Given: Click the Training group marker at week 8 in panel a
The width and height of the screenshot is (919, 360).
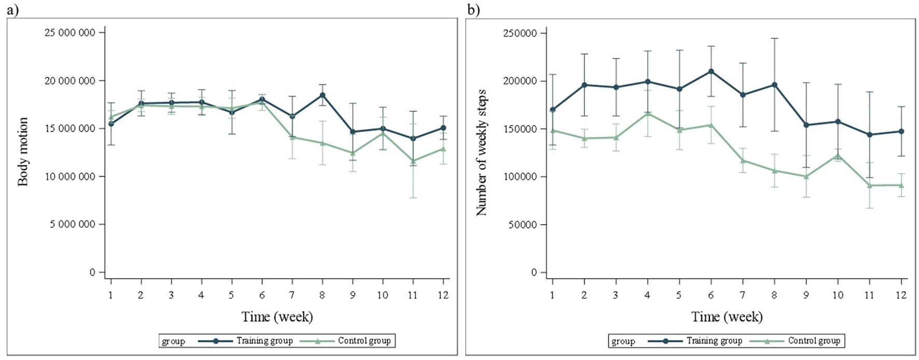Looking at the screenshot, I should click(x=322, y=95).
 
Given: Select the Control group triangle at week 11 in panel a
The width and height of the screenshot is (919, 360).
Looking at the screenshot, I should click(x=413, y=161).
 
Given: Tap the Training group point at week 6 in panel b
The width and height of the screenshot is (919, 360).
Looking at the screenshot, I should click(x=711, y=71).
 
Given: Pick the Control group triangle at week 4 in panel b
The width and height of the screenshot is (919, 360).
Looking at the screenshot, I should click(x=648, y=113).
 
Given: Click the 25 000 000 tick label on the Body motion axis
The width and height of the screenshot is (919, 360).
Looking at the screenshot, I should click(x=70, y=33).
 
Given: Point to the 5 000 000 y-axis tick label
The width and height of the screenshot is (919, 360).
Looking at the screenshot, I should click(x=73, y=224).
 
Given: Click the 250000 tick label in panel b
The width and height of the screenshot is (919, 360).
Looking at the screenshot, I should click(x=520, y=33).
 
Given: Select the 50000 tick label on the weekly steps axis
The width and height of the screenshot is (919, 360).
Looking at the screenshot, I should click(x=523, y=225).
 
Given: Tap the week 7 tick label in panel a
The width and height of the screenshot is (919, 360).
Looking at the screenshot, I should click(x=292, y=295).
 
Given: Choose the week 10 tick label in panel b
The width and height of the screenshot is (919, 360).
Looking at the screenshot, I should click(x=838, y=295).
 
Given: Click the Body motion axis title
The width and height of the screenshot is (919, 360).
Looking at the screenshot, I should click(x=23, y=151).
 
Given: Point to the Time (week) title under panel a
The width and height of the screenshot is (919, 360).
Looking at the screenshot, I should click(x=277, y=317).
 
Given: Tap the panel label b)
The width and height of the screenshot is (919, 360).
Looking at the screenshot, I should click(x=473, y=9).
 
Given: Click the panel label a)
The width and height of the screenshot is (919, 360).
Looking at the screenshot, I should click(x=12, y=9).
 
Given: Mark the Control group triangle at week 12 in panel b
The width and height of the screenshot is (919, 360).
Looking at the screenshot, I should click(x=901, y=185).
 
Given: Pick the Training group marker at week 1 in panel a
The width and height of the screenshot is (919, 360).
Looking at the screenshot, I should click(x=111, y=123).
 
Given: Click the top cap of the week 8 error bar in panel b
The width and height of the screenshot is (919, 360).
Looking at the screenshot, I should click(x=774, y=38).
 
